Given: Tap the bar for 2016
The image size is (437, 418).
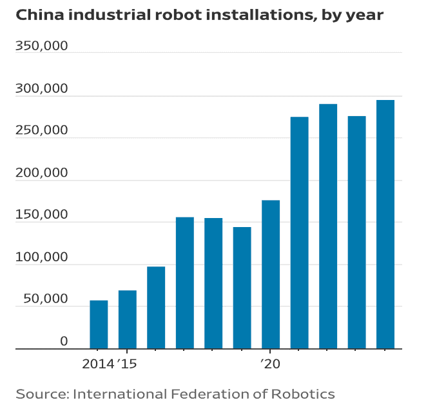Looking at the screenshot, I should click(156, 308).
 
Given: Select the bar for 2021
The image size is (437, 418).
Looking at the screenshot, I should click(300, 232).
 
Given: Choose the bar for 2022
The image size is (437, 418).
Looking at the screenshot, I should click(328, 226).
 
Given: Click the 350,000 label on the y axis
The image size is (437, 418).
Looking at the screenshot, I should click(42, 47).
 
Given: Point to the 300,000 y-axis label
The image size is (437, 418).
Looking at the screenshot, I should click(42, 89).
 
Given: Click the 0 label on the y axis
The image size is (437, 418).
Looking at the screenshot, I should click(64, 341).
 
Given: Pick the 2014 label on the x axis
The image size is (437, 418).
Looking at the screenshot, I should click(98, 364).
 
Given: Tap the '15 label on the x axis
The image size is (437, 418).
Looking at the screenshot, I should click(128, 364).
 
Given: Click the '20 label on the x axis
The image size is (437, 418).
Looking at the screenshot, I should click(271, 364).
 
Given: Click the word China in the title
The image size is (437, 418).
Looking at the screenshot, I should click(38, 14).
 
